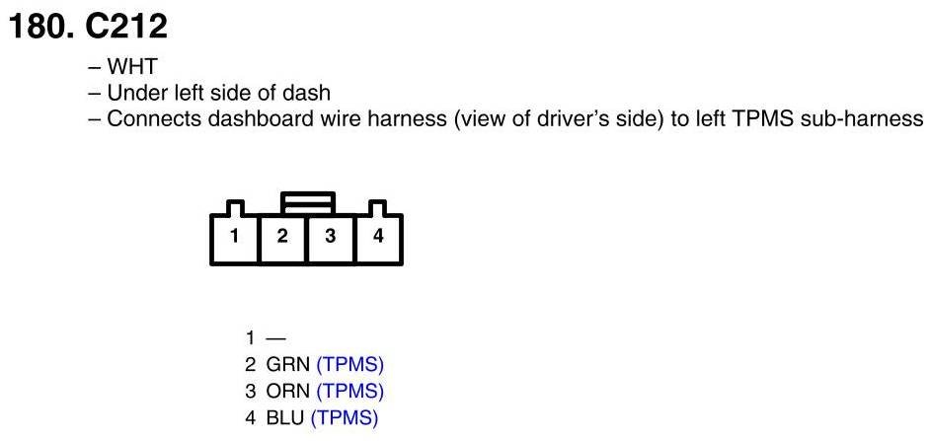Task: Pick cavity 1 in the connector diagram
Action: point(234,237)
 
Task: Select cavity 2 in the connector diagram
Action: point(282,237)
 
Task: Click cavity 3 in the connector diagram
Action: point(331,237)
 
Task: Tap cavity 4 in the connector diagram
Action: point(378,237)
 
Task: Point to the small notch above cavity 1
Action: point(234,208)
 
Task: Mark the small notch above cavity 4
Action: point(378,208)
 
